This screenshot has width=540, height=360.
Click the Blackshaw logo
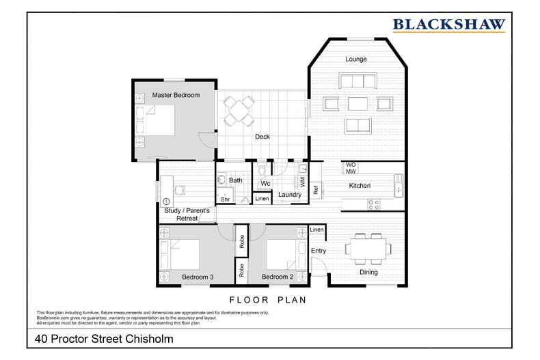pos(449,25)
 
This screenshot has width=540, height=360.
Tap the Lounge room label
pos(355,59)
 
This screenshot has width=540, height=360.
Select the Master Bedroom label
pos(176,96)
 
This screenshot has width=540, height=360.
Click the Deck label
pos(262,137)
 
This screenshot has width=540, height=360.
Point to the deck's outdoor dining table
pos(239,110)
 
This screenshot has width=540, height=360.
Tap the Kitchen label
pos(360,186)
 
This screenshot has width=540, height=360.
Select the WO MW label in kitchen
pos(351,169)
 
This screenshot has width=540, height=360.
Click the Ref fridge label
pos(316,191)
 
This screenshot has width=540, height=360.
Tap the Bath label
pos(236,180)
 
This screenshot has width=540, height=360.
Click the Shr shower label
pos(224,199)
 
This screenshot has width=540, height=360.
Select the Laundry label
pos(291,195)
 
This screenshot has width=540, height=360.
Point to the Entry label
pos(319,251)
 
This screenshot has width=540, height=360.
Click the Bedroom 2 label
pos(277,277)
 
